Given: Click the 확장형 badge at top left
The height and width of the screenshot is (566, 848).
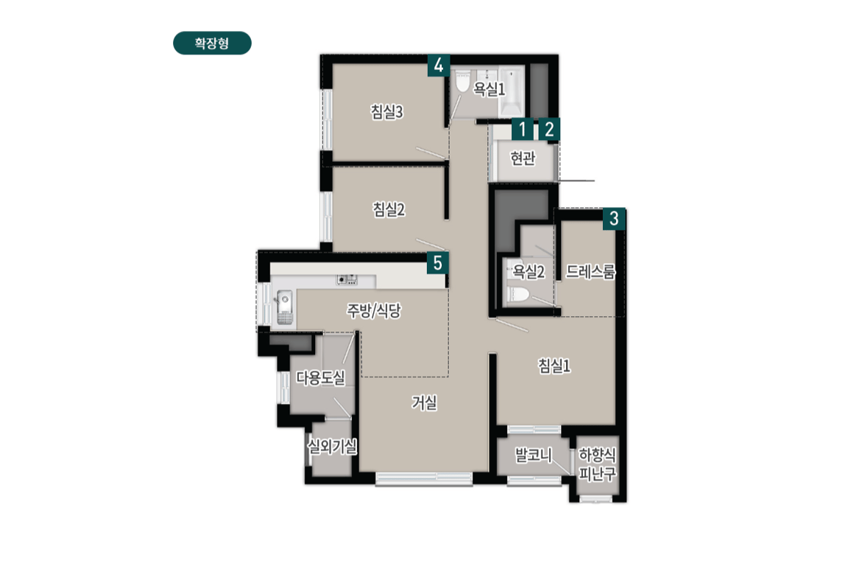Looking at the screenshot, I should (x=212, y=43).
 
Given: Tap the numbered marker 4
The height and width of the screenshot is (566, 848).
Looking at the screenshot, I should (x=439, y=66).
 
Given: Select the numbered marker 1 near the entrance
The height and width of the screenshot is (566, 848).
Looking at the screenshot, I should (x=522, y=130).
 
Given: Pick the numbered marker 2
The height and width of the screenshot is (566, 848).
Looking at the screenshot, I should (x=549, y=130).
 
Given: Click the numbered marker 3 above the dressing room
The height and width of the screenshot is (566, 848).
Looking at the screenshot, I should (x=614, y=219).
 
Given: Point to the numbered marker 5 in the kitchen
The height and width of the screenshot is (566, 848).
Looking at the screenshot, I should (x=438, y=262).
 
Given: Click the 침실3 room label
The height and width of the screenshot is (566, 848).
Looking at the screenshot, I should (x=386, y=112).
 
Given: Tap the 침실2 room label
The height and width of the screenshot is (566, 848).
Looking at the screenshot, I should (x=389, y=210).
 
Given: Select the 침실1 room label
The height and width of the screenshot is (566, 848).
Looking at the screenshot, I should (x=554, y=366).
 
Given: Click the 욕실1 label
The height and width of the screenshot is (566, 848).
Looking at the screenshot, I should (x=489, y=90).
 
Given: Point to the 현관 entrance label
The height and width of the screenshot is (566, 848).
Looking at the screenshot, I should (x=523, y=158).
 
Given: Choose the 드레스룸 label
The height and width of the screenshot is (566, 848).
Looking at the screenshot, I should (x=590, y=272).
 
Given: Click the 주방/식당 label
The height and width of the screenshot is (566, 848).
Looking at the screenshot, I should (x=374, y=311).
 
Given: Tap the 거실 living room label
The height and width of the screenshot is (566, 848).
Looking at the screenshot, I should (x=425, y=403).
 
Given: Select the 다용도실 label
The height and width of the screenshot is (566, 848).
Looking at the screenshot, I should (x=320, y=379).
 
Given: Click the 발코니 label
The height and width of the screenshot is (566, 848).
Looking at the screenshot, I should (x=533, y=455).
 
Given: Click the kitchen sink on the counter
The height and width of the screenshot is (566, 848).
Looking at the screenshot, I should (x=283, y=302).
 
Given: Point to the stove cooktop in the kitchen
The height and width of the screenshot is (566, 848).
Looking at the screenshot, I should (x=347, y=279).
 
